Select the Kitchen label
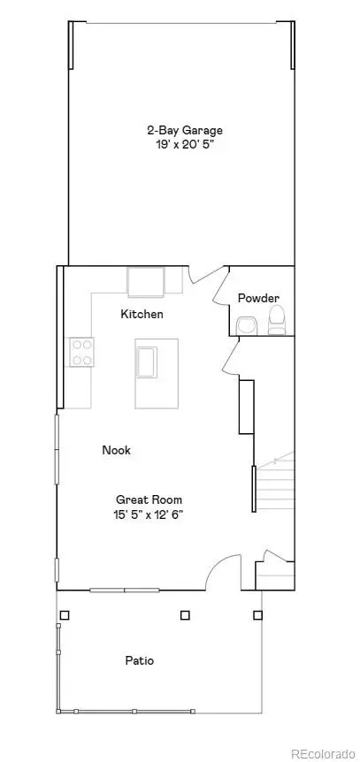142,314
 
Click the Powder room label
258,298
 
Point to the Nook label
116,450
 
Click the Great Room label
148,499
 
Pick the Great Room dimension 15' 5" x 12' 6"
148,514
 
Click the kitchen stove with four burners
81,352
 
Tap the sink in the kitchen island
147,362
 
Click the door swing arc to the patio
222,570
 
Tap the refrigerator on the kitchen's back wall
146,282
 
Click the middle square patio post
185,615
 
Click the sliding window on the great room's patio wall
123,590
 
